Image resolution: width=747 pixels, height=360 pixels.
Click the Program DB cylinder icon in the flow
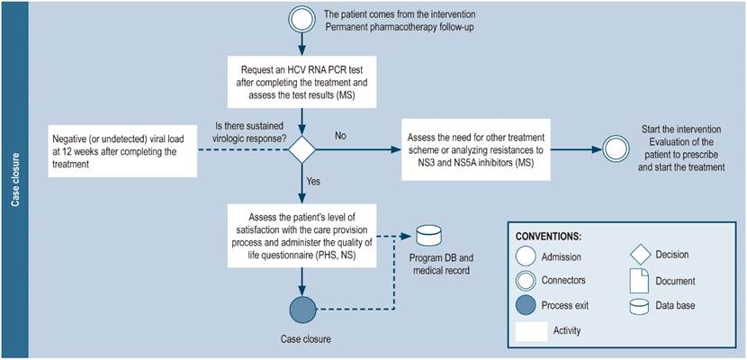tap(428, 236)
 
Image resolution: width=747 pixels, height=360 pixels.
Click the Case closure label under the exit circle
tap(301, 341)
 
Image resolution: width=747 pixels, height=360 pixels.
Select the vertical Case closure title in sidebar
tap(16, 180)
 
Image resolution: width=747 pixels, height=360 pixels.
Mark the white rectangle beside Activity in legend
tap(531, 330)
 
